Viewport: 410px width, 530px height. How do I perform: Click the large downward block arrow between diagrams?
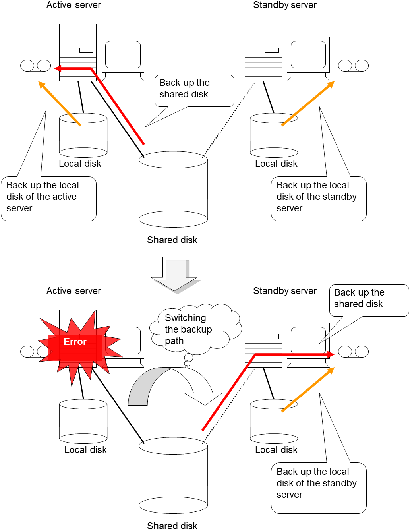pos(175,274)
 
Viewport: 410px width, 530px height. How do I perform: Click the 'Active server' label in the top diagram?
pos(73,5)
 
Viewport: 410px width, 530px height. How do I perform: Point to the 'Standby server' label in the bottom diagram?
pos(284,291)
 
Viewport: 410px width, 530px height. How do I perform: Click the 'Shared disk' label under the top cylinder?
pos(172,240)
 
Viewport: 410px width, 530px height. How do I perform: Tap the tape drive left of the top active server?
pos(35,66)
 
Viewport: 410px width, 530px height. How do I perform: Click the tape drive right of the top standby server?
pos(353,66)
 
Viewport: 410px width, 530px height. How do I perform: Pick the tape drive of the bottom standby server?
pos(353,352)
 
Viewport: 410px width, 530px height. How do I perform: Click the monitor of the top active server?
pos(123,56)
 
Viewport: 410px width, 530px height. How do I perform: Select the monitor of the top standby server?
pos(308,56)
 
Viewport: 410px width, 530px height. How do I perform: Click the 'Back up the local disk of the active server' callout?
pos(48,198)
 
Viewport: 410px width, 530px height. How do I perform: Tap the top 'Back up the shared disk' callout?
pos(194,90)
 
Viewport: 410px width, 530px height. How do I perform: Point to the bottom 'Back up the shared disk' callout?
pos(369,300)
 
